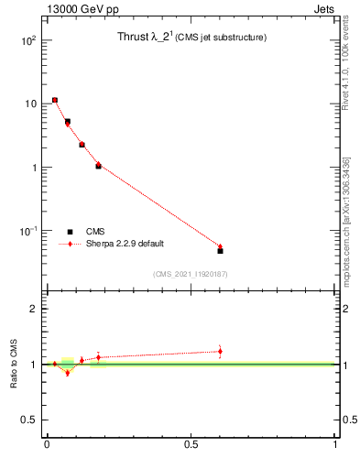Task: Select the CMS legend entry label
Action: [95, 232]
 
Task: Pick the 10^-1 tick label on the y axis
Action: [27, 231]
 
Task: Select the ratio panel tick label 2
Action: [34, 309]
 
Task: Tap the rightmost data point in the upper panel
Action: [220, 249]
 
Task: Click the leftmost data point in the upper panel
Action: [55, 100]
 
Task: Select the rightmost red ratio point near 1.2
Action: [220, 351]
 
